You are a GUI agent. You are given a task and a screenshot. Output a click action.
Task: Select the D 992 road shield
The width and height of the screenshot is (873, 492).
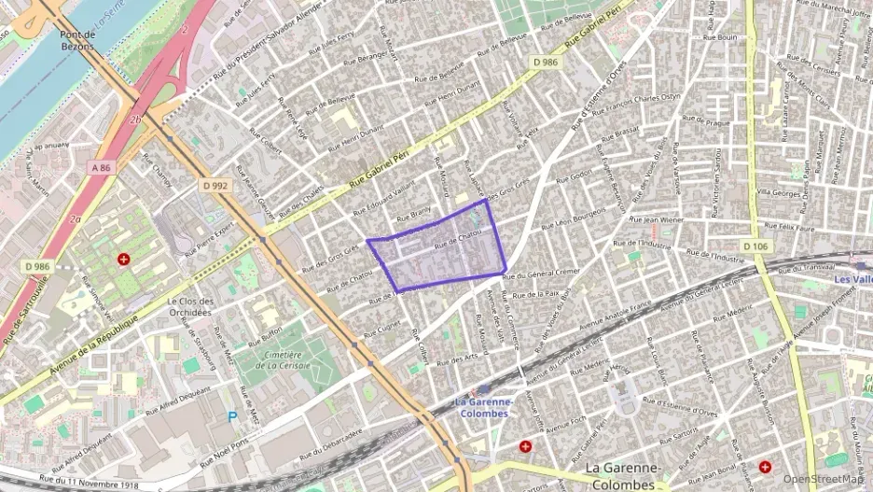coord(215,185)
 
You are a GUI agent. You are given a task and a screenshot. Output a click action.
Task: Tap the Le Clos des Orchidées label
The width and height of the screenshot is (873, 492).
coord(190,307)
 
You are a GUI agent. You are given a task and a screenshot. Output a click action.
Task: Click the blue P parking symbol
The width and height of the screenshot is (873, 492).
coord(233,417)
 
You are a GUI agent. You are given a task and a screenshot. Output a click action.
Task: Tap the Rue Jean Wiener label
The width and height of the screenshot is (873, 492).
coord(658,220)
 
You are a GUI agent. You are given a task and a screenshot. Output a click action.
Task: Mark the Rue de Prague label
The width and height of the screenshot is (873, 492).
coord(705,120)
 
